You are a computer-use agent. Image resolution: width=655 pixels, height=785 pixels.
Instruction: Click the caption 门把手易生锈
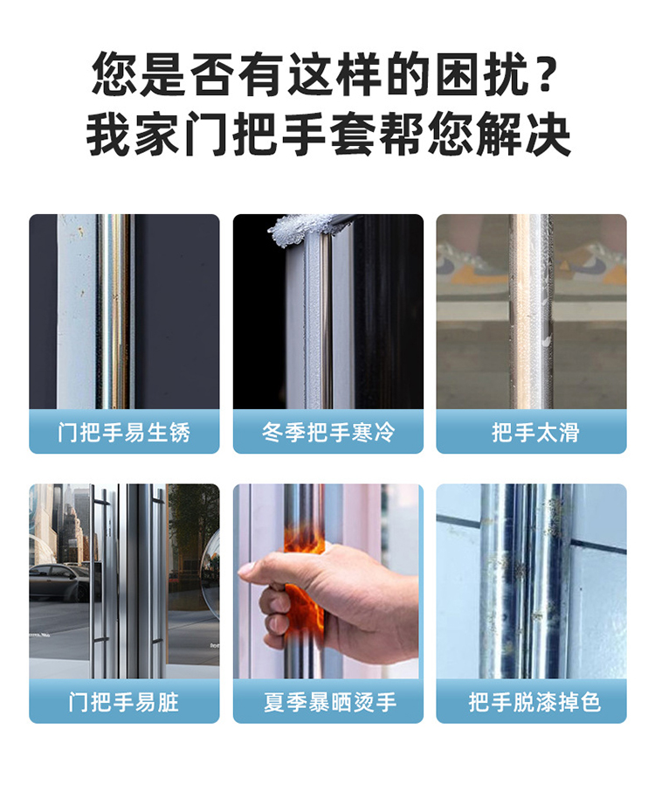(x=124, y=432)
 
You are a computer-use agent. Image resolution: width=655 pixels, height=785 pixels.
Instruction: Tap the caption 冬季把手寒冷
(x=328, y=432)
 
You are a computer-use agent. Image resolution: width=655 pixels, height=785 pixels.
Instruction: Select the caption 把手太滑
(x=535, y=432)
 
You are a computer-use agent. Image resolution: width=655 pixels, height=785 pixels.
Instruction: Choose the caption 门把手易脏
(x=124, y=701)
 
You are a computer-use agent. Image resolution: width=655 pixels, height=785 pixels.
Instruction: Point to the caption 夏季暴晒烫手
(x=330, y=701)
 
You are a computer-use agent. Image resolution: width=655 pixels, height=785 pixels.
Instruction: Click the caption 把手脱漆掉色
(x=534, y=701)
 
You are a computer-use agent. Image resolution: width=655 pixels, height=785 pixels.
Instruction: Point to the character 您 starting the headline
(x=114, y=73)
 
